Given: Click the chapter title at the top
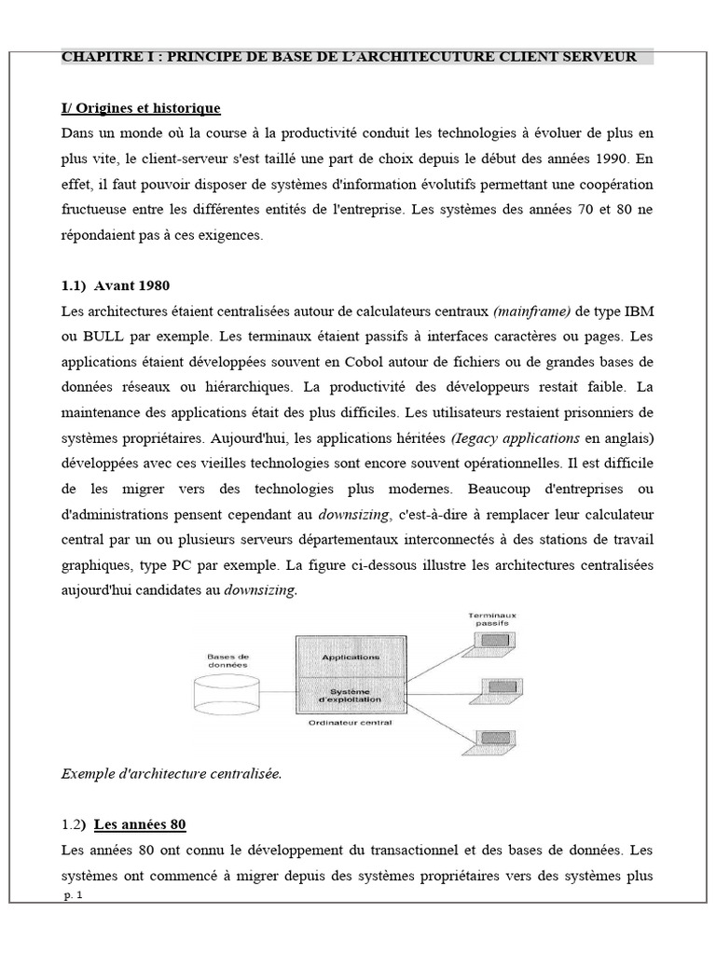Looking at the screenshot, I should pos(349,57).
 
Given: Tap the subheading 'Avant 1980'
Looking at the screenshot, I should pos(131,284).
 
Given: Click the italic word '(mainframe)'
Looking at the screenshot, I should pos(529,310).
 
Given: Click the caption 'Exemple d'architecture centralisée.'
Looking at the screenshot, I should pos(171,773).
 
